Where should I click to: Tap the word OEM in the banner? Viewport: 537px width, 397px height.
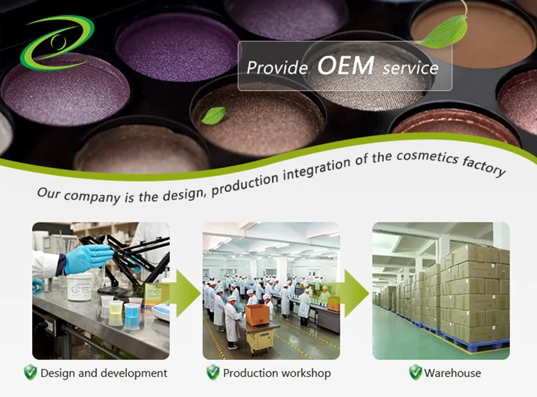click(x=346, y=65)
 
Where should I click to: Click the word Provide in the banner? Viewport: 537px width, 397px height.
click(x=277, y=68)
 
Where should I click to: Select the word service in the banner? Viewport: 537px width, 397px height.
click(x=410, y=69)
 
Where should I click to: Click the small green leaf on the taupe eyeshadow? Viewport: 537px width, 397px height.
click(x=213, y=115)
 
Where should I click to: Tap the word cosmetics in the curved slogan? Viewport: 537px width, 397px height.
click(x=428, y=157)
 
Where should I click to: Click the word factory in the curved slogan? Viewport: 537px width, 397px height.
click(x=483, y=167)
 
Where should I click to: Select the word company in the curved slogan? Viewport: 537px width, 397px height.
click(x=92, y=197)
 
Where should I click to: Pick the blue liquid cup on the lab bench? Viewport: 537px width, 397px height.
click(x=132, y=311)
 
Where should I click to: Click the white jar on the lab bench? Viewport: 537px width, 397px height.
click(x=80, y=287)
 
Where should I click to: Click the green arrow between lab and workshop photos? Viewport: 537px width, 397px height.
click(x=186, y=293)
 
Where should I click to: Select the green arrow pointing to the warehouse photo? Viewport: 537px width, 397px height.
click(x=354, y=293)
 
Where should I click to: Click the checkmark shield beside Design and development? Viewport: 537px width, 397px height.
click(x=30, y=372)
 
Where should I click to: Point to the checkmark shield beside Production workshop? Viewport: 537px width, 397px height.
click(x=213, y=372)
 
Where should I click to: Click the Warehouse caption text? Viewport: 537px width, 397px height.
click(x=452, y=373)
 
